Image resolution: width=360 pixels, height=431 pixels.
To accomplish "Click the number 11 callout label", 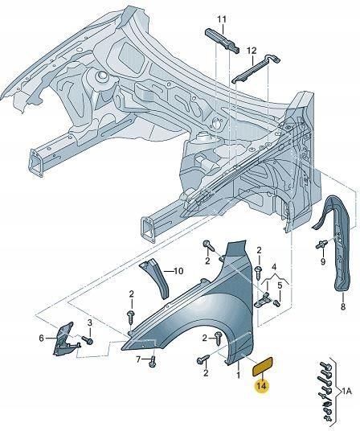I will (x=222, y=19).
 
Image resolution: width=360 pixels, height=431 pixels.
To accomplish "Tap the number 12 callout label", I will (x=252, y=51).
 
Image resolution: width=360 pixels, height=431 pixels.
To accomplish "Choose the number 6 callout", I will (x=41, y=339).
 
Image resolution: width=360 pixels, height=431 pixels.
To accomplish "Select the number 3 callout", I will (x=90, y=323).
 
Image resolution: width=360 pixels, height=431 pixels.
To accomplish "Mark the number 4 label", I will (x=273, y=267).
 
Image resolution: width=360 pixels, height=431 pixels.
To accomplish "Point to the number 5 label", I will (x=279, y=285).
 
